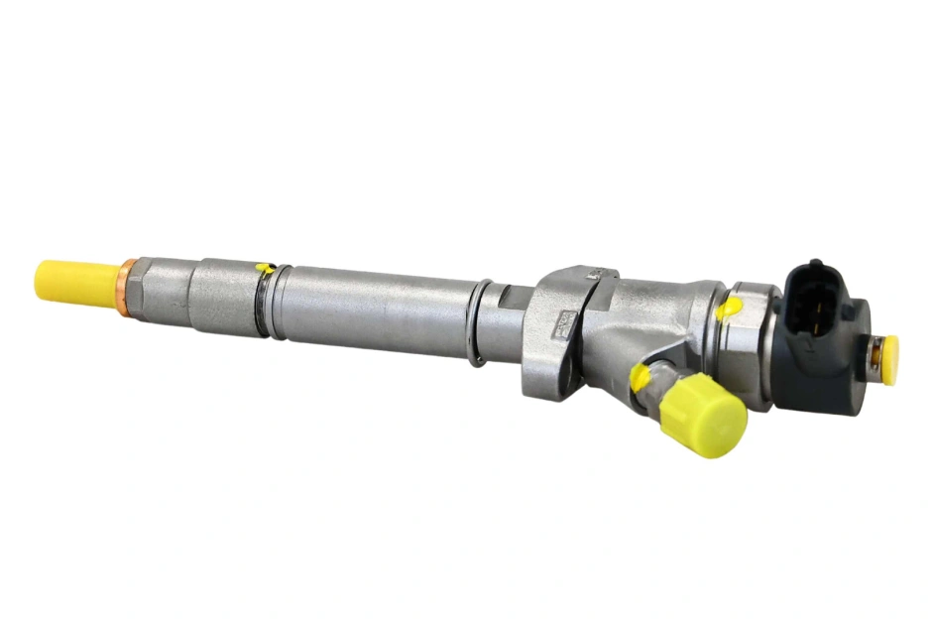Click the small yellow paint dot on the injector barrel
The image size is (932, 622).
[x=263, y=267]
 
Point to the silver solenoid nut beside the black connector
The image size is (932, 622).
[x=758, y=327]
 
